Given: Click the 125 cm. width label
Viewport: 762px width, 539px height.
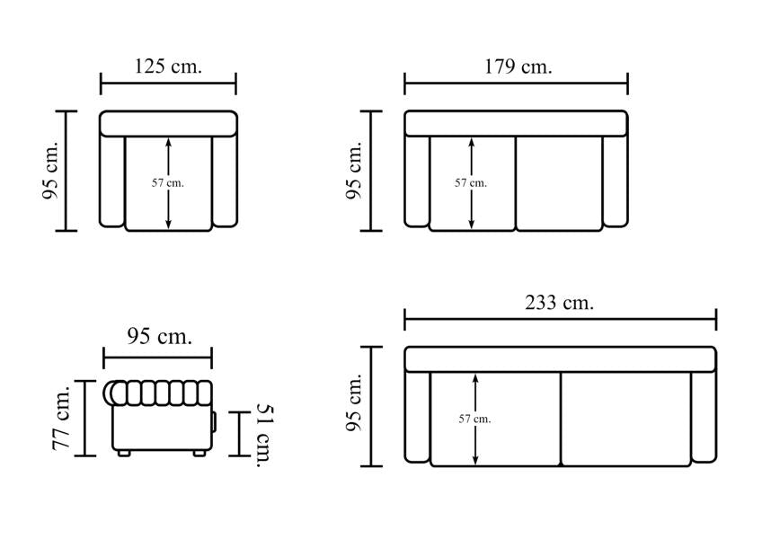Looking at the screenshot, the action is tap(168, 66).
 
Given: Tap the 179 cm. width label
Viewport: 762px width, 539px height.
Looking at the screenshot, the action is tap(518, 66).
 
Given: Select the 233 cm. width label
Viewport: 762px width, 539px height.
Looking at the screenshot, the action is tap(559, 303).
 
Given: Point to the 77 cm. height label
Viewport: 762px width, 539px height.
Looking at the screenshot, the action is tap(62, 418).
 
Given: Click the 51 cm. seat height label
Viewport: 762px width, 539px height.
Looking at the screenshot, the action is tap(265, 436).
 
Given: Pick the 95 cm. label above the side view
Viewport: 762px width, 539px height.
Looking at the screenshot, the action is tap(159, 336).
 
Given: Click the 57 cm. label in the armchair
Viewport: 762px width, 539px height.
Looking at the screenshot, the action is tap(168, 183).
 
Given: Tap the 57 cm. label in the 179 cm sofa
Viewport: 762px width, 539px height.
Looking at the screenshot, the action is tap(471, 183).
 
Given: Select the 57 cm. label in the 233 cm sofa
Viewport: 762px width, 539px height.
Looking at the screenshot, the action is tap(474, 419).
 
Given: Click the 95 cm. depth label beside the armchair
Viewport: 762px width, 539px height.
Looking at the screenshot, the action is tap(50, 171).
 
